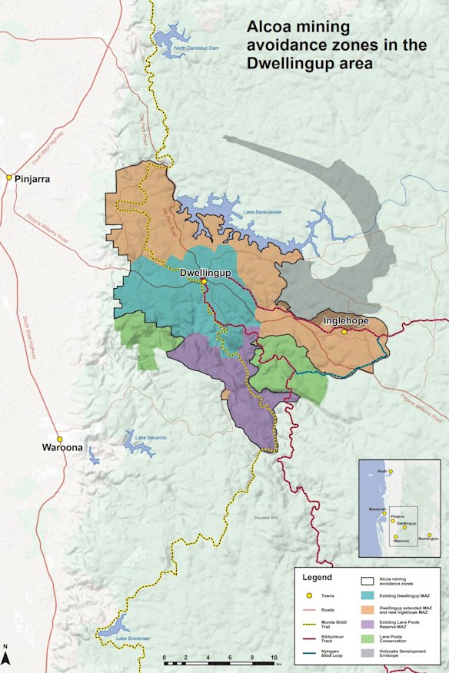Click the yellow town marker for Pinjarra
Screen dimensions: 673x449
(x=9, y=177)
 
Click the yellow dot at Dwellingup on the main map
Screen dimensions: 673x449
(x=204, y=282)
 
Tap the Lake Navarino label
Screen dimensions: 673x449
(x=151, y=438)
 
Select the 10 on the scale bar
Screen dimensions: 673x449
(x=273, y=659)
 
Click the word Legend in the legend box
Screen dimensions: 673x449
(x=316, y=576)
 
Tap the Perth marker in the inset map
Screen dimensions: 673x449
(x=391, y=471)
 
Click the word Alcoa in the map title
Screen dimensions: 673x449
(x=268, y=28)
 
